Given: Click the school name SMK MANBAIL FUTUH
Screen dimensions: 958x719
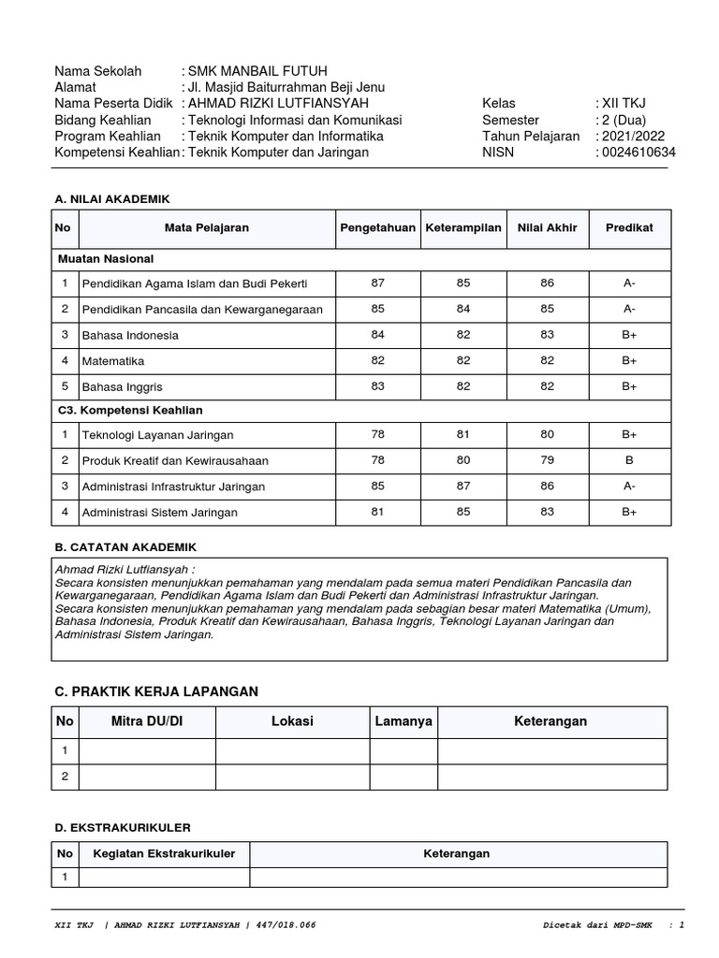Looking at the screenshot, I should pyautogui.click(x=258, y=71).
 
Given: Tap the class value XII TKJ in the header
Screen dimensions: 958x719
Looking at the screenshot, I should pyautogui.click(x=623, y=104).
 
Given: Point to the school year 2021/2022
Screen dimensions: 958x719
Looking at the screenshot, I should pyautogui.click(x=633, y=137).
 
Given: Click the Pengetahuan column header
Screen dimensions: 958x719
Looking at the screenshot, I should pyautogui.click(x=377, y=228).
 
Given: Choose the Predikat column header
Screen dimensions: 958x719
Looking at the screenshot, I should pyautogui.click(x=629, y=228).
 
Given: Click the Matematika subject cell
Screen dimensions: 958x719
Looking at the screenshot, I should pyautogui.click(x=113, y=361).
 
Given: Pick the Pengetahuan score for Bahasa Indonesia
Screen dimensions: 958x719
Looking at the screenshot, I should pyautogui.click(x=377, y=335).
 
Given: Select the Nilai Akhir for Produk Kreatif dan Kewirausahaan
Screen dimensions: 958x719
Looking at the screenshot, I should pyautogui.click(x=547, y=460).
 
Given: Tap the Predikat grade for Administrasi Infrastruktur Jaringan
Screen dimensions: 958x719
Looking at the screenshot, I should pyautogui.click(x=629, y=486).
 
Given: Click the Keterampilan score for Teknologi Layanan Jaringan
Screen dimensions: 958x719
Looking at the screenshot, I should pyautogui.click(x=462, y=435).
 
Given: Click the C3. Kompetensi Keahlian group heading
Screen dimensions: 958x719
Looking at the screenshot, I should pyautogui.click(x=130, y=411).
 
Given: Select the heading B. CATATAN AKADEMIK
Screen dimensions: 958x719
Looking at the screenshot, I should pyautogui.click(x=125, y=547).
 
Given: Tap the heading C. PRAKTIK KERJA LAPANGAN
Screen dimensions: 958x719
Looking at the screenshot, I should pyautogui.click(x=156, y=691).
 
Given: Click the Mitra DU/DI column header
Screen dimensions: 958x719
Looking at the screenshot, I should pyautogui.click(x=147, y=722).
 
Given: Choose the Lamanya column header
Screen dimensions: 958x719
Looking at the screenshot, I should pyautogui.click(x=404, y=722).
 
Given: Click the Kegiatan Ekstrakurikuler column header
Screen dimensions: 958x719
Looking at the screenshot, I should pyautogui.click(x=164, y=854).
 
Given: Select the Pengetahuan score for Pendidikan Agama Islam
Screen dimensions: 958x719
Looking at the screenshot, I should pyautogui.click(x=377, y=283).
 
